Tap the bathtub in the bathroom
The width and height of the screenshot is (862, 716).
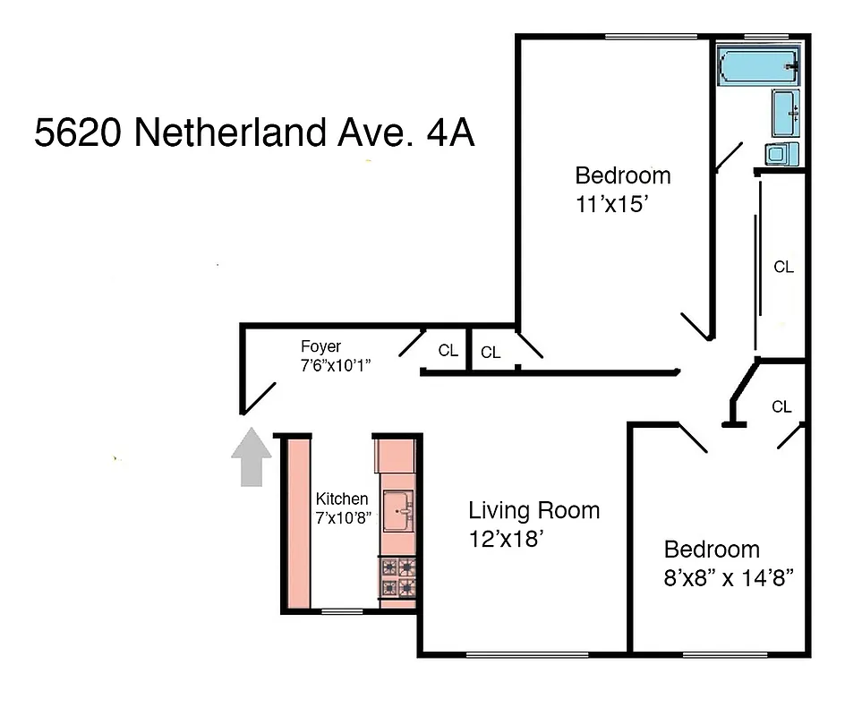(758, 67)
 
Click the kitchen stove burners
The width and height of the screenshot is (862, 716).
(397, 577)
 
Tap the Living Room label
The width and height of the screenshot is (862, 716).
(534, 511)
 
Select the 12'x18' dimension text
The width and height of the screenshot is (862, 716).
(506, 540)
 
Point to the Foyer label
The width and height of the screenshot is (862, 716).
(320, 346)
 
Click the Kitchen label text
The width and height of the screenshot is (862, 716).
(341, 499)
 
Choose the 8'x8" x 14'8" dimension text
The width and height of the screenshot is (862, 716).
(723, 577)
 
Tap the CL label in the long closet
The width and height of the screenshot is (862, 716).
(783, 267)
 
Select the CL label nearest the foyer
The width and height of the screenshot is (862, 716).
(448, 351)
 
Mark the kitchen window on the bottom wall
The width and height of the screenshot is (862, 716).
(337, 612)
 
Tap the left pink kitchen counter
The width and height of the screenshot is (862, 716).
(298, 523)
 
